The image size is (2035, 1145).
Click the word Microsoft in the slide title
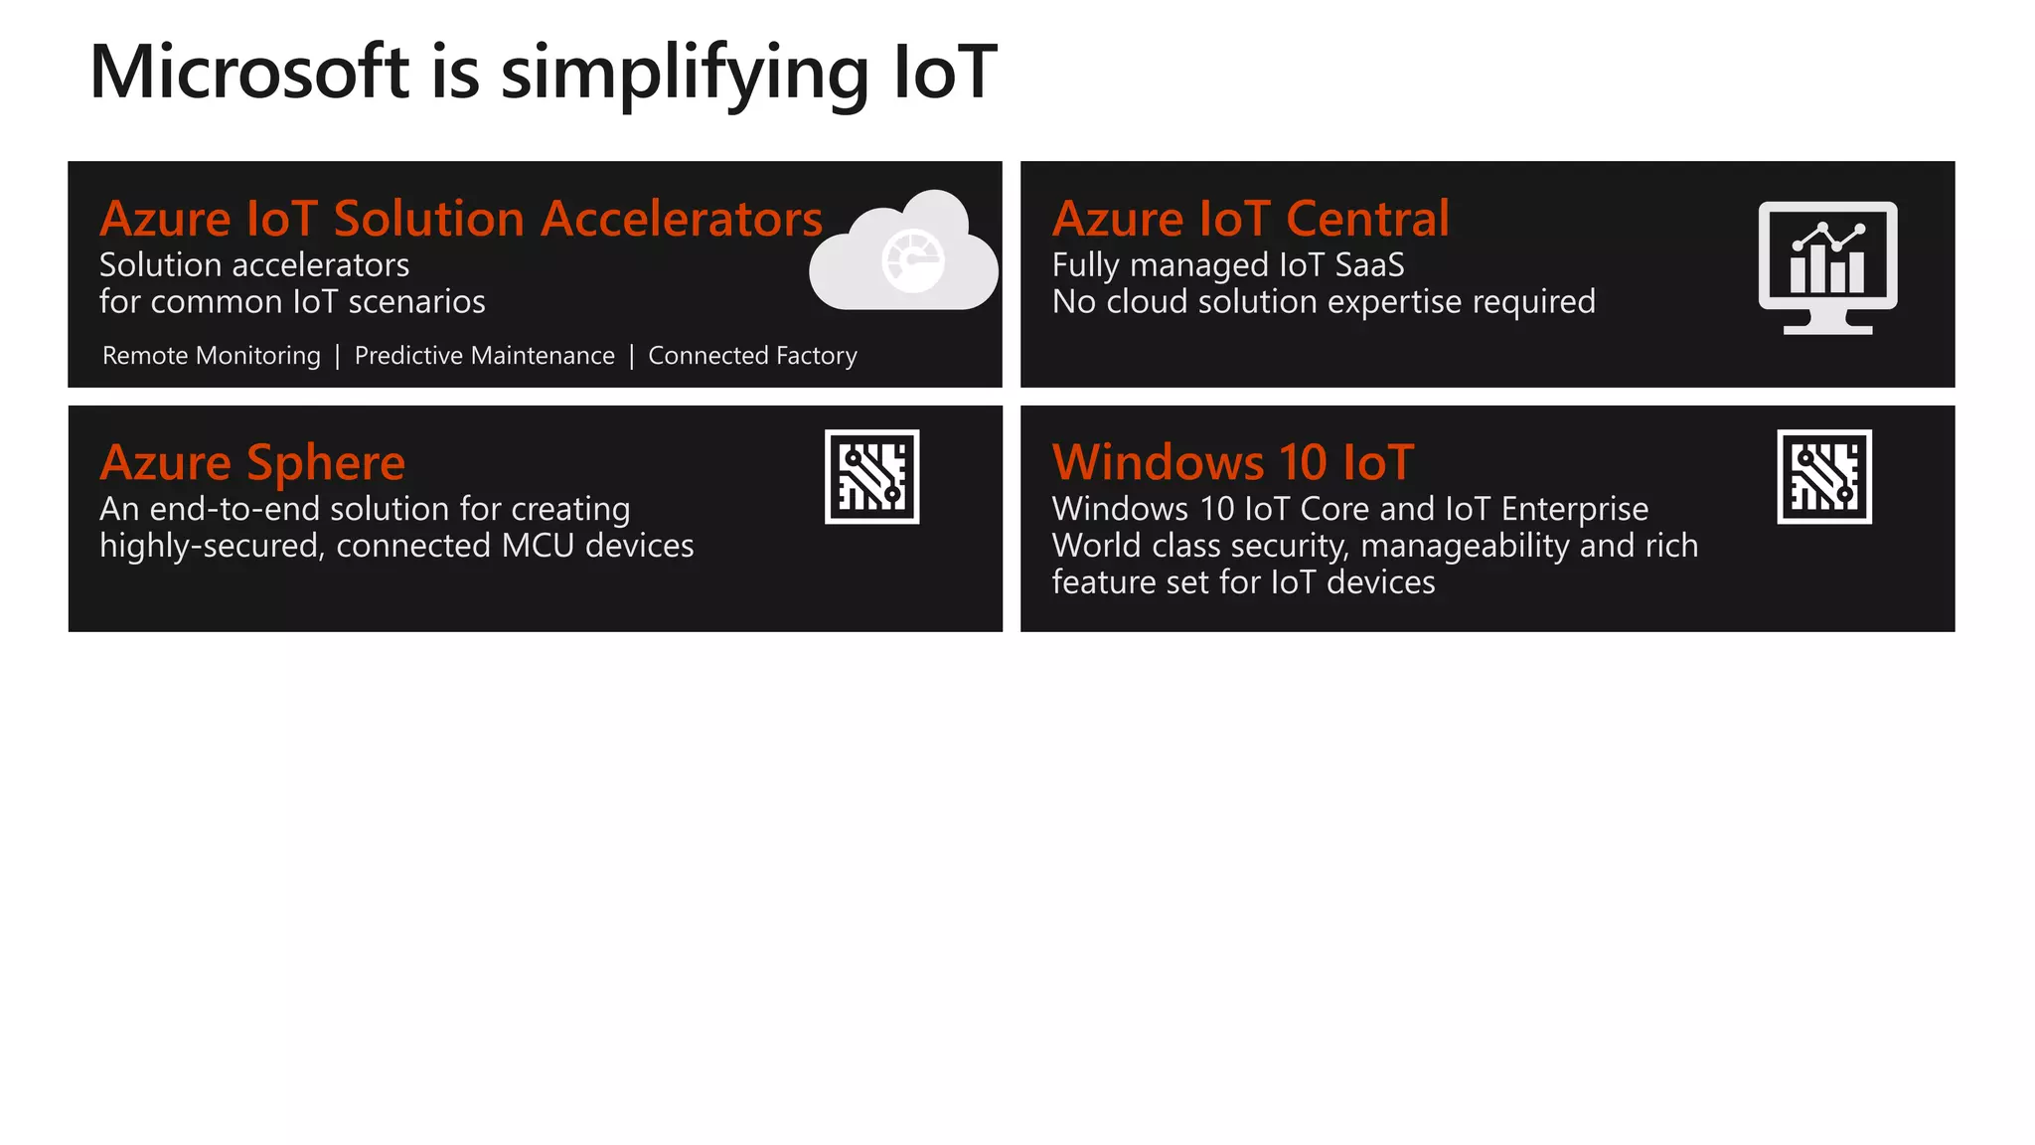[248, 73]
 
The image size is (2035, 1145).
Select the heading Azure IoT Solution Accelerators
[461, 219]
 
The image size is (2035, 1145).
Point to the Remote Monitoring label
[212, 356]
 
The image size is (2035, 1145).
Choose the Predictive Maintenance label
[484, 356]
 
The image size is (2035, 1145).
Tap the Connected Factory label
[752, 356]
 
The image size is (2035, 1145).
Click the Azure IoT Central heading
[1250, 219]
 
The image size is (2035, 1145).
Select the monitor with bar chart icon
[1827, 266]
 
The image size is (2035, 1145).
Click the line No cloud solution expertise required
[1324, 302]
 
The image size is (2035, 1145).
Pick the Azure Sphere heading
[252, 463]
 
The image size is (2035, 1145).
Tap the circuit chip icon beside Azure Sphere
[871, 477]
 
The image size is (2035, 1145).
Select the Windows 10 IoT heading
[1232, 463]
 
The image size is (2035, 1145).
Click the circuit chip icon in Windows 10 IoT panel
[1824, 477]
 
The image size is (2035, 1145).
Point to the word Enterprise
[1574, 509]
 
